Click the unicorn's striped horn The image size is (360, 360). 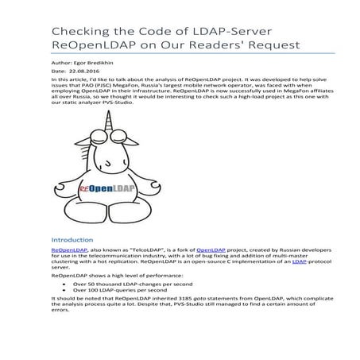pyautogui.click(x=105, y=118)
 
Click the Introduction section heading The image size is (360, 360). pyautogui.click(x=72, y=238)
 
